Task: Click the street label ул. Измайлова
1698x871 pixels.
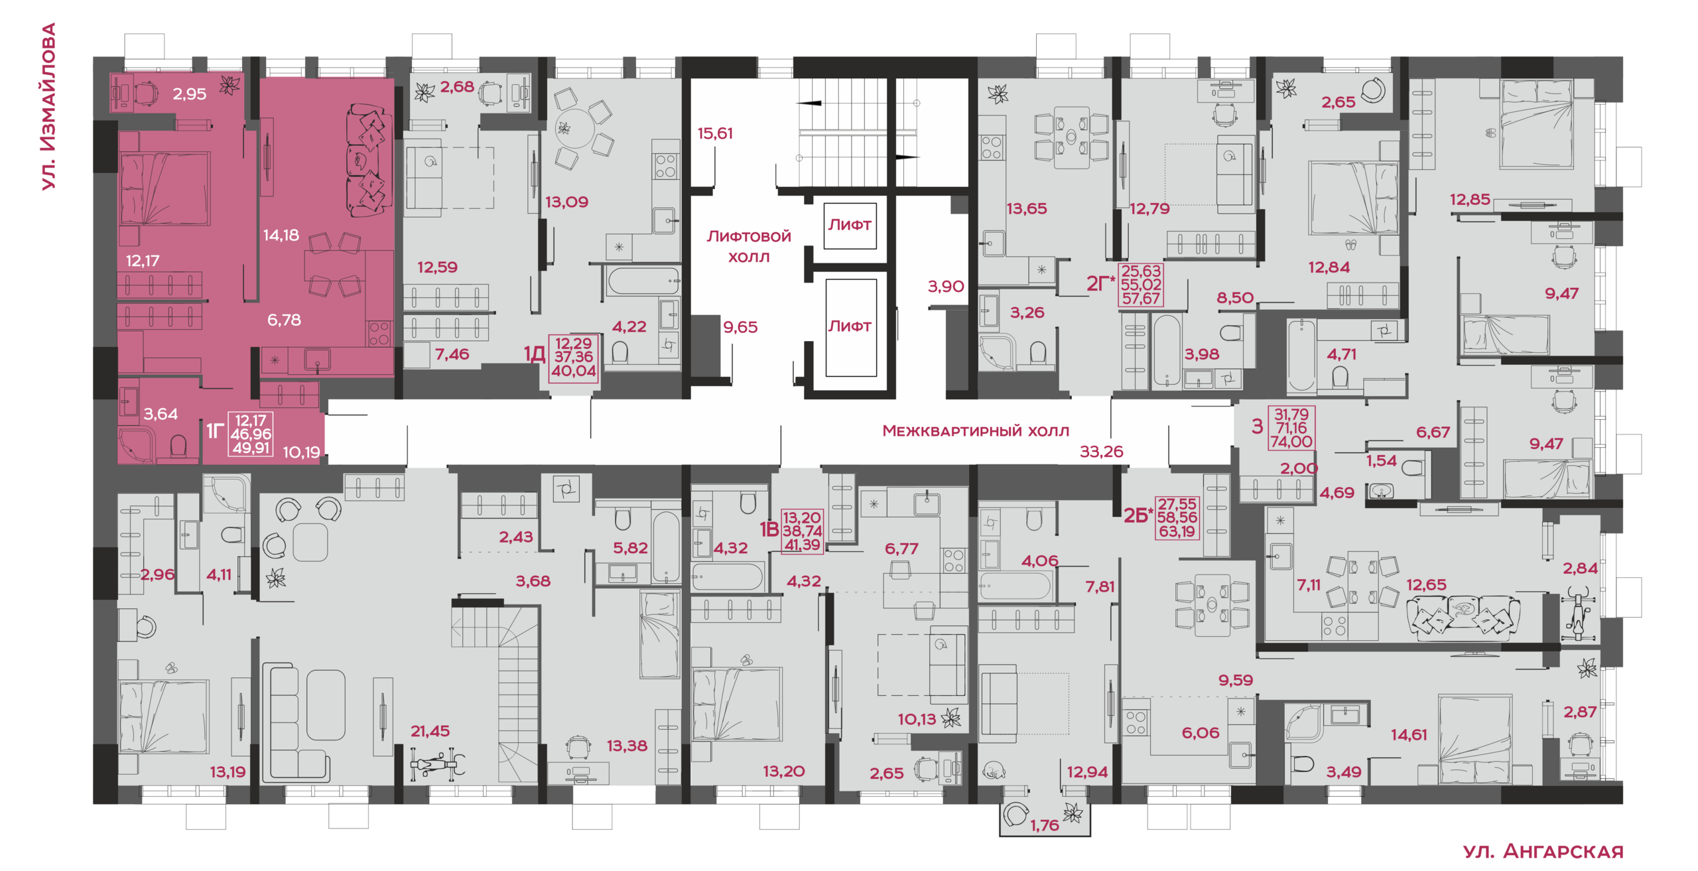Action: coord(48,107)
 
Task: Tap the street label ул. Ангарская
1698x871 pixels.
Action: coord(1543,851)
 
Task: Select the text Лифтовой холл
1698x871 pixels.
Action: coord(749,246)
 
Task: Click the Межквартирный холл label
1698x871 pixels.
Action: coord(976,431)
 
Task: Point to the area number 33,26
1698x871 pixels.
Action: coord(1102,452)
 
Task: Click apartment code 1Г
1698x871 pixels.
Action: coord(214,431)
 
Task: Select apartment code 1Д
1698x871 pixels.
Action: coord(535,354)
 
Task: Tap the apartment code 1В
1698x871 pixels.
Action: coord(769,529)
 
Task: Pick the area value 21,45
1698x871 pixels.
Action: coord(430,731)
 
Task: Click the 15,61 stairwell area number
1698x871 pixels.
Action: coord(715,133)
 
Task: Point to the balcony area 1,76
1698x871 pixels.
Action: coord(1045,825)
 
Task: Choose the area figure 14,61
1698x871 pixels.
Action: coord(1409,734)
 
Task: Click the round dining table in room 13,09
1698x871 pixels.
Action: coord(574,127)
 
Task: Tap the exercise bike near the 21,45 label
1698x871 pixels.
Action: coord(437,764)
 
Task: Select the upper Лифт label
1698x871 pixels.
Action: coord(850,225)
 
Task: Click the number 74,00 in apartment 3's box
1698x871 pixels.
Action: coord(1291,442)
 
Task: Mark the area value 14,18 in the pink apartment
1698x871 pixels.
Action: coord(281,235)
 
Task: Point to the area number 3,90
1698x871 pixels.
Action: coord(946,287)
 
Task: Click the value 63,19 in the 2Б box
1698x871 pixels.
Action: coord(1177,531)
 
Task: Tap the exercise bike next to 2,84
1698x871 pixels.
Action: coord(1579,614)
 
